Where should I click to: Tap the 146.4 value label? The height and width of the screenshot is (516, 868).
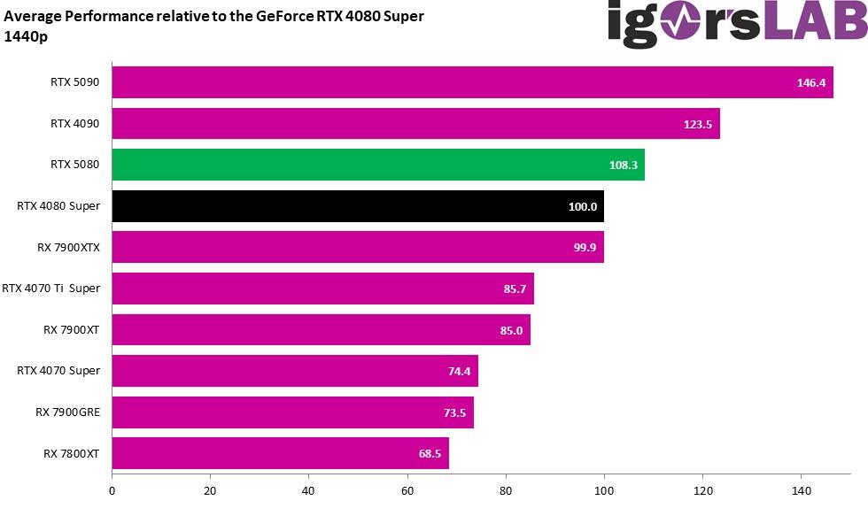coord(810,82)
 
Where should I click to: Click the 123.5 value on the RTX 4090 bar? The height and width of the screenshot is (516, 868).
coord(698,124)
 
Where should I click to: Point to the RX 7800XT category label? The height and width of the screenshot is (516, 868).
coord(71,453)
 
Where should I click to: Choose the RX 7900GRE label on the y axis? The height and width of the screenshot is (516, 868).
coord(67,412)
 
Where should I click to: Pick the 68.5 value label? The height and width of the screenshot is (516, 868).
coord(429,453)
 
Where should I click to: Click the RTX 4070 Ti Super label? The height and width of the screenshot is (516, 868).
coord(50,288)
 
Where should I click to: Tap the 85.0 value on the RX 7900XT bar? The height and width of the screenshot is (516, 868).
coord(510,330)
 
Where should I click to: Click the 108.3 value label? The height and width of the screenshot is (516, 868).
coord(624,165)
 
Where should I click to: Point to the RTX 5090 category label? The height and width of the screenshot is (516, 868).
coord(74,82)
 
